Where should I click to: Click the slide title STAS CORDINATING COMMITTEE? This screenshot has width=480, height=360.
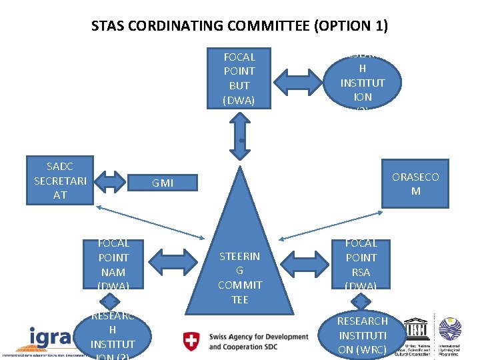point(239,27)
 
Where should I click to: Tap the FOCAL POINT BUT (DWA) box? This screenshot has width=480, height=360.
point(239,78)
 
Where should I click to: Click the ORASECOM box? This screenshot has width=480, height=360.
point(415,184)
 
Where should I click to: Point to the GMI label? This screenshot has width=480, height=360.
point(163,183)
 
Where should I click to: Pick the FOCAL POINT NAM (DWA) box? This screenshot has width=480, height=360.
point(113,265)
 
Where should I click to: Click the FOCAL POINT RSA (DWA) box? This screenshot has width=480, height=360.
point(361,265)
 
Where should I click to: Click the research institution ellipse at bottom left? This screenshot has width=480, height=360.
point(112,335)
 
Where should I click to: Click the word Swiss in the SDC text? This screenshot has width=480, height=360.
point(221,337)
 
